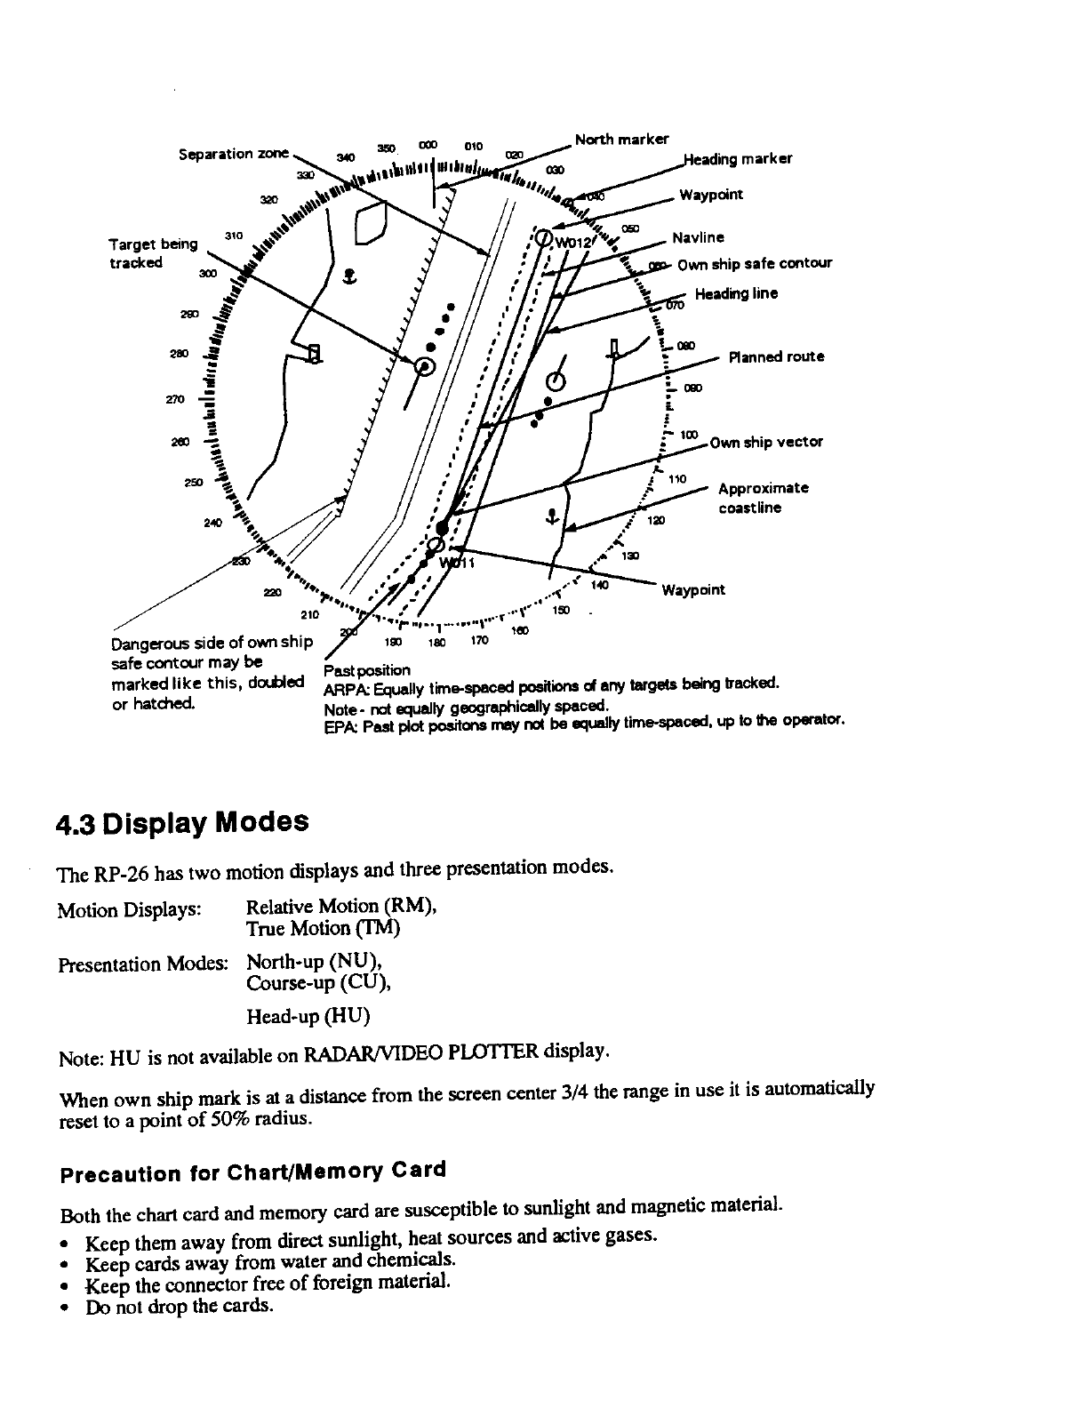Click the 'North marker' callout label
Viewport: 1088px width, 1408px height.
point(621,139)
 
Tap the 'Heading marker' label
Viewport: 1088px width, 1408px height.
point(737,159)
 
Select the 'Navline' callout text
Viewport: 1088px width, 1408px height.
point(698,237)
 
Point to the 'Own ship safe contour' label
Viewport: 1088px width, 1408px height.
point(754,263)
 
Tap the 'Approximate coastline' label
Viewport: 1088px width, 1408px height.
point(763,498)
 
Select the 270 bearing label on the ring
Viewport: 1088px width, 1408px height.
point(174,400)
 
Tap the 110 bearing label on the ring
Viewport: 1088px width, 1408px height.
point(677,479)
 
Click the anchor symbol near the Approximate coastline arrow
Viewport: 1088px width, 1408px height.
point(552,516)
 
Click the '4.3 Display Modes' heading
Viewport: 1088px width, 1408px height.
point(182,821)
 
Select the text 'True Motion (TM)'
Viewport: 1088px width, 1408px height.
point(323,928)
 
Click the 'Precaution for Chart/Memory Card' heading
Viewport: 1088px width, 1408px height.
point(252,1172)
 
